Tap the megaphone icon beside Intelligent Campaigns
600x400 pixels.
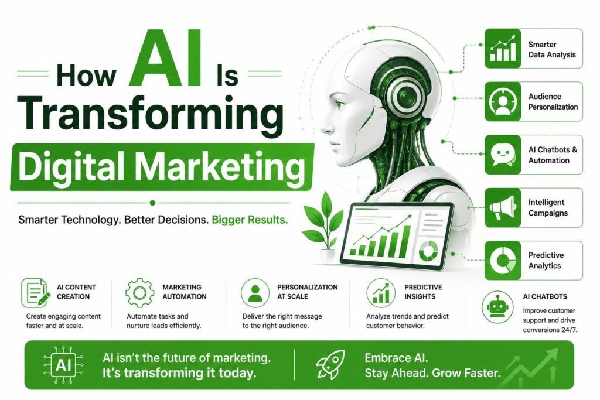pyautogui.click(x=502, y=208)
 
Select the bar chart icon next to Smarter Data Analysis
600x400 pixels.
pyautogui.click(x=503, y=49)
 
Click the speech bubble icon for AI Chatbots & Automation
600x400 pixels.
pyautogui.click(x=502, y=155)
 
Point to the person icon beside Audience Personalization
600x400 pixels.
pyautogui.click(x=502, y=102)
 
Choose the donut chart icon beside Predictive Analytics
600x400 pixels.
pyautogui.click(x=502, y=261)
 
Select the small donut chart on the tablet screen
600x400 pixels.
pyautogui.click(x=428, y=251)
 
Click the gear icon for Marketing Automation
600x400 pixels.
pyautogui.click(x=139, y=293)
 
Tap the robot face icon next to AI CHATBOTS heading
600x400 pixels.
pyautogui.click(x=497, y=307)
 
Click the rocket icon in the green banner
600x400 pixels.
pyautogui.click(x=330, y=364)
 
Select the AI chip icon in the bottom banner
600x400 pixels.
pyautogui.click(x=63, y=365)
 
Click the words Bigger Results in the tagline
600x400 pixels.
pyautogui.click(x=250, y=220)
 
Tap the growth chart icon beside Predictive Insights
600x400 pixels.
pyautogui.click(x=381, y=293)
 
